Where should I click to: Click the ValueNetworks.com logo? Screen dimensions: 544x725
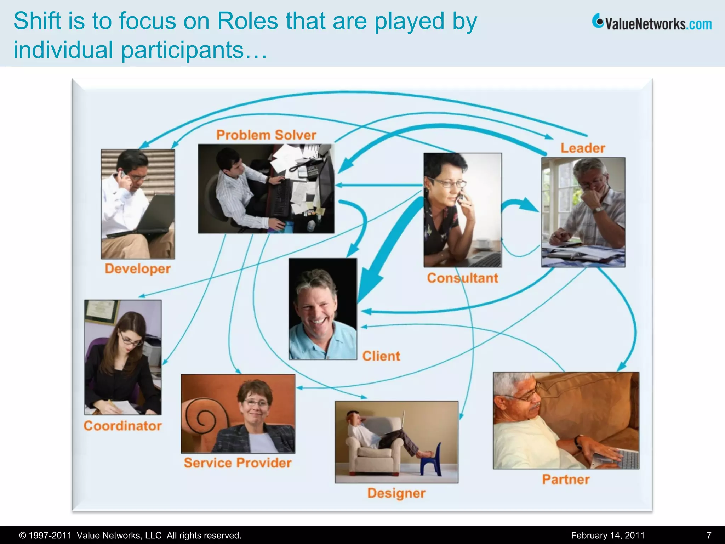tap(652, 23)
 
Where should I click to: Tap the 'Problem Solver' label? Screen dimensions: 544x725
tap(266, 135)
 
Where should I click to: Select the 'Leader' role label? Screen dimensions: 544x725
tap(583, 148)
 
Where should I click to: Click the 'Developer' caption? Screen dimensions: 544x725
tap(138, 269)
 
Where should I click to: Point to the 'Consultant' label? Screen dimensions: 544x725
tap(462, 278)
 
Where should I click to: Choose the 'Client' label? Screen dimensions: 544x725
tap(381, 356)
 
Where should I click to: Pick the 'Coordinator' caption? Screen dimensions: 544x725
tap(122, 426)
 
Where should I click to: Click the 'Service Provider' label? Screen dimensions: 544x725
tap(238, 463)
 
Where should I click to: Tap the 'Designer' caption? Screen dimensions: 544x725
tap(396, 493)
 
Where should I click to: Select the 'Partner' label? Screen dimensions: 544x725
tap(566, 480)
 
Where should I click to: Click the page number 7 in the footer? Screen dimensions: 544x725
tap(709, 535)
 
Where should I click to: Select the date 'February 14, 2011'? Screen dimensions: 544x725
tap(608, 535)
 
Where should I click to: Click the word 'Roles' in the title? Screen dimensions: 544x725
tap(248, 21)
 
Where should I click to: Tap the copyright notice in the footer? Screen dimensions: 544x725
tap(130, 535)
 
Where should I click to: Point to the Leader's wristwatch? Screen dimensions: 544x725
tap(598, 210)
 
